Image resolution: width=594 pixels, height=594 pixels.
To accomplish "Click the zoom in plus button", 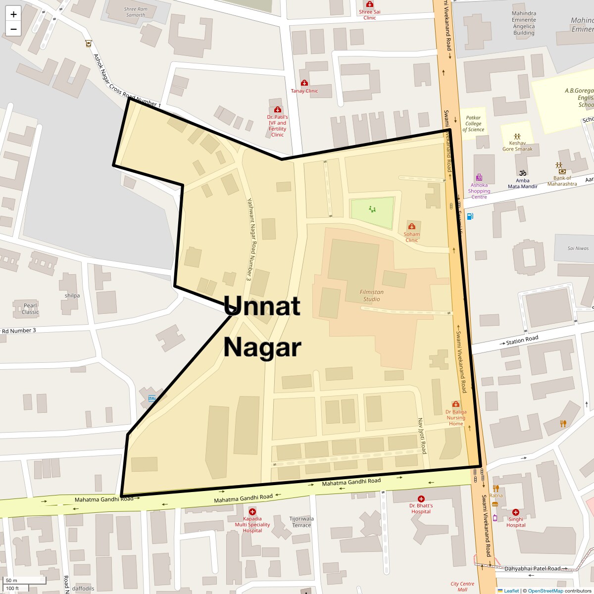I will pyautogui.click(x=13, y=14).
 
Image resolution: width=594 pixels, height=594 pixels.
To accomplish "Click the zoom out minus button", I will pyautogui.click(x=13, y=29).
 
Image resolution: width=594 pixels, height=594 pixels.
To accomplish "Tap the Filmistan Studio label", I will pyautogui.click(x=372, y=296).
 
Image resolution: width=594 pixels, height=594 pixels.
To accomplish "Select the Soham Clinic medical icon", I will pyautogui.click(x=412, y=226).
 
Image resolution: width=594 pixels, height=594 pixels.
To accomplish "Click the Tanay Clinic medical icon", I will pyautogui.click(x=304, y=83).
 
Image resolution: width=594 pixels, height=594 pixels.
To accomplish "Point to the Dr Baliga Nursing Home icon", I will pyautogui.click(x=456, y=404).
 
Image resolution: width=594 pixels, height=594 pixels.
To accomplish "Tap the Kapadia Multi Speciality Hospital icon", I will pyautogui.click(x=252, y=512).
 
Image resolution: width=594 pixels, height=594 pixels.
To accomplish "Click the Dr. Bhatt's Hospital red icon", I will pyautogui.click(x=421, y=499).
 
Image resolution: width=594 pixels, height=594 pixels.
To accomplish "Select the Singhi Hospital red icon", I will pyautogui.click(x=516, y=512).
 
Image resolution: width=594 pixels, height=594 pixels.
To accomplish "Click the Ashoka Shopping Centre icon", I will pyautogui.click(x=479, y=177).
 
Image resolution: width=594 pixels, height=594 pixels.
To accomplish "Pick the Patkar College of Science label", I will pyautogui.click(x=473, y=124).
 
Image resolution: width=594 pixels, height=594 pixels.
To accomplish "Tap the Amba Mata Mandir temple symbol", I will pyautogui.click(x=522, y=173).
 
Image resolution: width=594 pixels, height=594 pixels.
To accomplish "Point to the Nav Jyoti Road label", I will pyautogui.click(x=422, y=436).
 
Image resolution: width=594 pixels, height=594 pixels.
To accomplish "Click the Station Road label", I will pyautogui.click(x=522, y=340).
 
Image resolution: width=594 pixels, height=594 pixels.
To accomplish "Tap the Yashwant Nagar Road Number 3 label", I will pyautogui.click(x=250, y=240).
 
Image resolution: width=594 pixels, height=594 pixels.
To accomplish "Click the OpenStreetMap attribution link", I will pyautogui.click(x=545, y=591).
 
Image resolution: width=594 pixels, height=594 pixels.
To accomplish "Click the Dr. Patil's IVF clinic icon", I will pyautogui.click(x=277, y=109).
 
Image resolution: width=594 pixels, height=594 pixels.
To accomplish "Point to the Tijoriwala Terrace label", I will pyautogui.click(x=301, y=522).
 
